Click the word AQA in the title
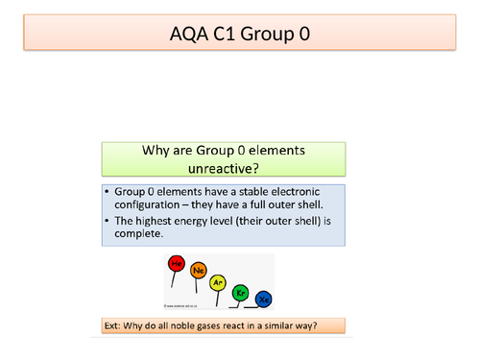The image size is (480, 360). pos(184,36)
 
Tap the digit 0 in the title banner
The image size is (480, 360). pos(303,36)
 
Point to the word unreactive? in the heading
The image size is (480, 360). pos(223,169)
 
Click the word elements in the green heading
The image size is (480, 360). pos(275,152)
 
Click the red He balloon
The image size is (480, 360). pos(177,263)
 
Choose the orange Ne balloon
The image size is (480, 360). pos(199,271)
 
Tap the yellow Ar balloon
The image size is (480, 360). pos(219,282)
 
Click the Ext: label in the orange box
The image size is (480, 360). pos(114,325)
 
